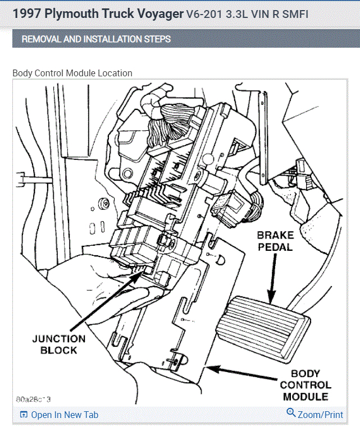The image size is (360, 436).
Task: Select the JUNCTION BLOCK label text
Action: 59,345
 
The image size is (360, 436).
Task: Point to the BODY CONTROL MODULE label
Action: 306,385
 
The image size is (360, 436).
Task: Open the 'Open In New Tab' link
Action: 64,415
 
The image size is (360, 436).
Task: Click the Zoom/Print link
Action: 320,415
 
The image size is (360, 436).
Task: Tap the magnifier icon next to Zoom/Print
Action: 291,413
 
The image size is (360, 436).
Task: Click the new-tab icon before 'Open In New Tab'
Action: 24,415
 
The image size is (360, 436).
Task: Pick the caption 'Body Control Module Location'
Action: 72,73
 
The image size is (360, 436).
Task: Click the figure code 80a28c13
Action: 33,399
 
